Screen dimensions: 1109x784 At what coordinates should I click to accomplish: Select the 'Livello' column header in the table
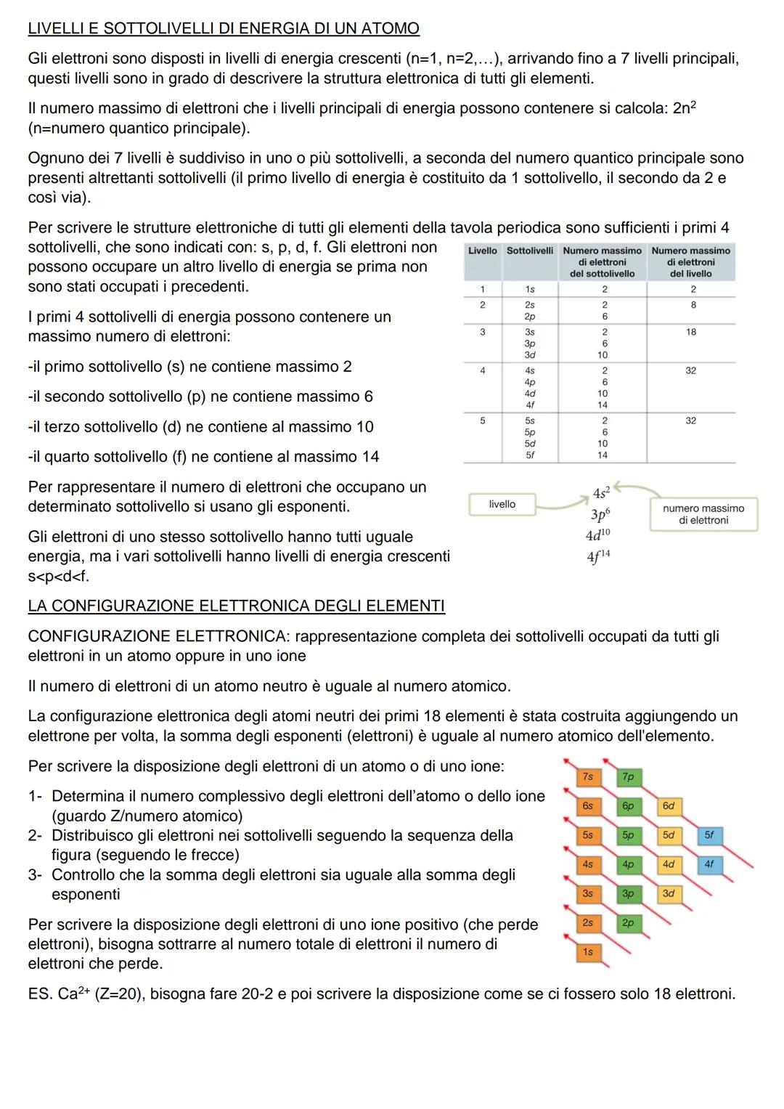click(x=482, y=251)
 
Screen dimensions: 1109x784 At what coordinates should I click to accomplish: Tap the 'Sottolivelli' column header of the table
click(x=530, y=251)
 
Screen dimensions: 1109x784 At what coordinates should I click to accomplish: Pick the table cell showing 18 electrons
click(x=690, y=332)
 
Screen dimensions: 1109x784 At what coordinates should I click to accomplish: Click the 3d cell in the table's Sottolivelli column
click(x=530, y=355)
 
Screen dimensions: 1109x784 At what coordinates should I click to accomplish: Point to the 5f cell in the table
click(x=530, y=455)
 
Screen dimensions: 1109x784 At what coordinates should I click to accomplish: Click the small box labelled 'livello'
click(x=502, y=504)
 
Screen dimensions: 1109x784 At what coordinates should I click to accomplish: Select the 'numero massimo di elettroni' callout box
click(x=703, y=514)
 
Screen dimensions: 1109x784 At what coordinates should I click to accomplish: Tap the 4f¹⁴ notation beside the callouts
click(x=598, y=557)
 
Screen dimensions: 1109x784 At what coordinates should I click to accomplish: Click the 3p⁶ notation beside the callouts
click(x=600, y=515)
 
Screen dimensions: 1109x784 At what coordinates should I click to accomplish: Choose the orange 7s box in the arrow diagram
click(x=588, y=776)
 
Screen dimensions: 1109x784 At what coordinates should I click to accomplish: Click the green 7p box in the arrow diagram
click(x=628, y=776)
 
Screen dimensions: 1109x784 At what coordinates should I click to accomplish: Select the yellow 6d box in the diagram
click(x=669, y=806)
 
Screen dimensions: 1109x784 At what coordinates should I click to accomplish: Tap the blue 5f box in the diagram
click(x=709, y=835)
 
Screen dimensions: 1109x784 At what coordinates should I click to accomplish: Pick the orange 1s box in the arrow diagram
click(x=588, y=951)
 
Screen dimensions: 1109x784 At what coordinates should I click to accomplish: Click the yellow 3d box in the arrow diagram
click(x=669, y=893)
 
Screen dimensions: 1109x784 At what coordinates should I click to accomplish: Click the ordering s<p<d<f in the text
click(x=59, y=577)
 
